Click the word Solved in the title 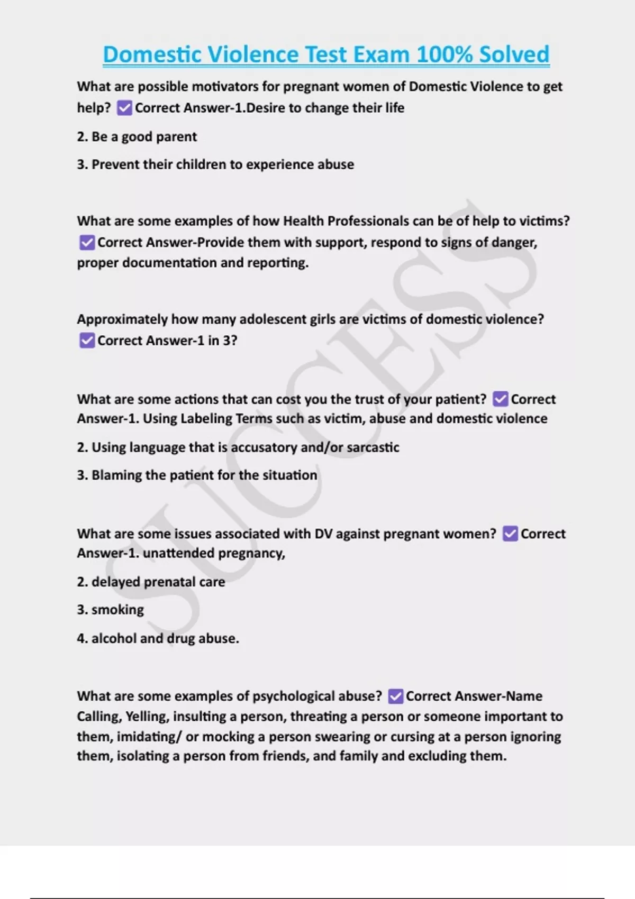(x=514, y=54)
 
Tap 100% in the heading (x=444, y=54)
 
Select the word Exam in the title (x=382, y=54)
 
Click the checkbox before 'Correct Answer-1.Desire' (x=124, y=108)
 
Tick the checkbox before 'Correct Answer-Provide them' (x=87, y=243)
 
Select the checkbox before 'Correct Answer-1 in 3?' (x=87, y=341)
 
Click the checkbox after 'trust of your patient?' (x=500, y=399)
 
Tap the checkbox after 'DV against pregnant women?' (x=510, y=534)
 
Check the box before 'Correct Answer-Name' (x=395, y=696)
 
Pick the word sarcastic (x=373, y=447)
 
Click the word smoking (x=117, y=610)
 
